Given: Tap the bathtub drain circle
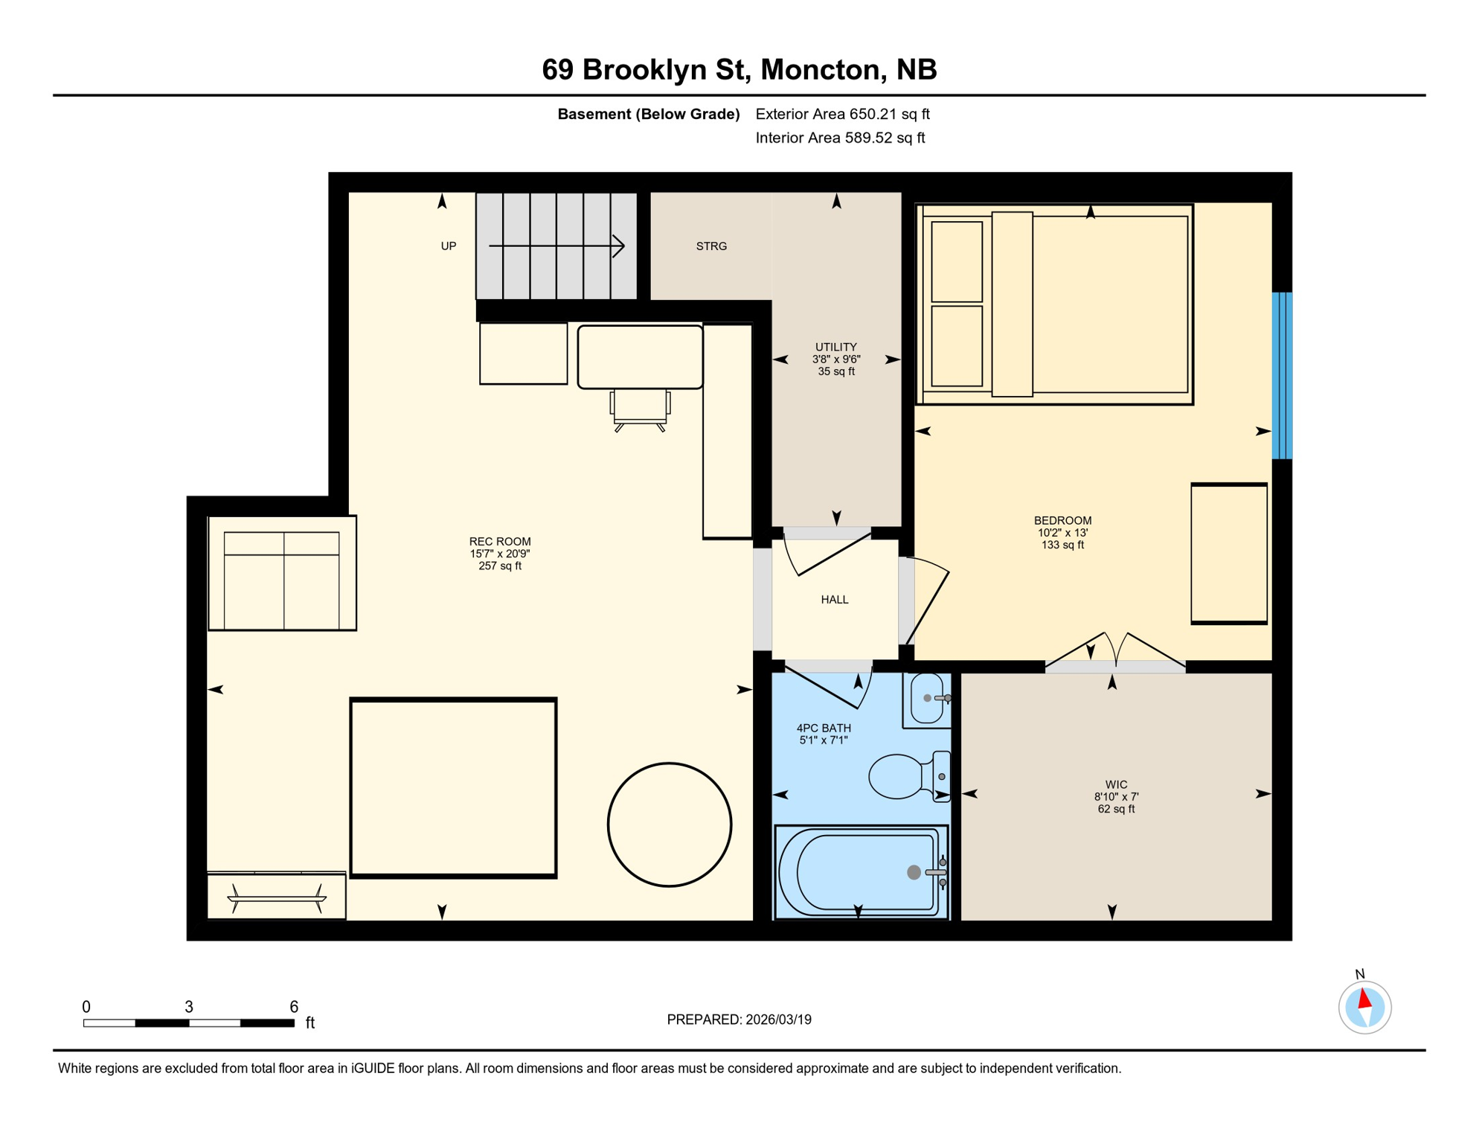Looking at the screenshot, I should pos(914,872).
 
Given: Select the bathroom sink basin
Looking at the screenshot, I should pos(925,699).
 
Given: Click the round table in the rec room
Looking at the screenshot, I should pos(670,825).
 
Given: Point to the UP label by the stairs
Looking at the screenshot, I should pos(449,246).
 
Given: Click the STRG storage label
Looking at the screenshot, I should pos(711,246).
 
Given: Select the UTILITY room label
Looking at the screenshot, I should pos(835,348).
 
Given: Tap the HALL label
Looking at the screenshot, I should pos(834,600).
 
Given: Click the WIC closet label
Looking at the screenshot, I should pos(1116,785).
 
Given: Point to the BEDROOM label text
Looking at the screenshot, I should pos(1062,521).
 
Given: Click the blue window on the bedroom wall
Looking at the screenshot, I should pos(1281,375).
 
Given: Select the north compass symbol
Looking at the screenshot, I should pos(1364,1007).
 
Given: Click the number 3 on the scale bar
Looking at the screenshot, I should pos(189,1007).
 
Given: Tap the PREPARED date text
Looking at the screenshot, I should pos(739,1019).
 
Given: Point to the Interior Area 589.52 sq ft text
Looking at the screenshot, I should pos(840,138).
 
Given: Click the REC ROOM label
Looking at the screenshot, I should pos(500,542).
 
